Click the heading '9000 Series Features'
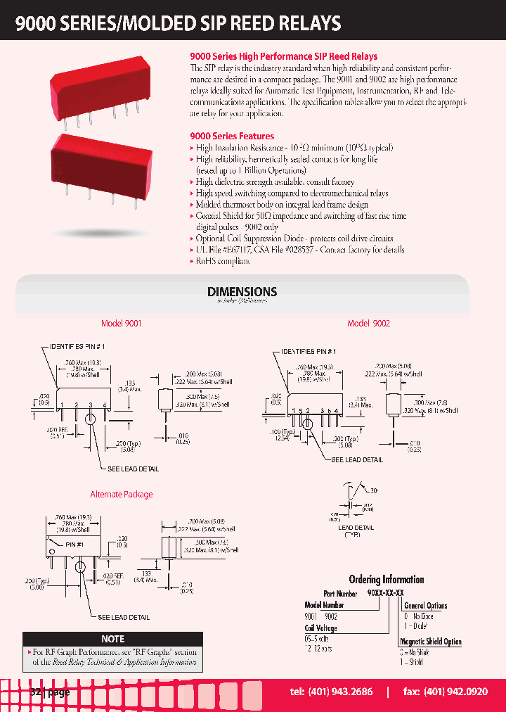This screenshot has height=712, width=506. pos(232,136)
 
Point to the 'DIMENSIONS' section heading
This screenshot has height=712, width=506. pos(242,291)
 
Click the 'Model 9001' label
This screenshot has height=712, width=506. pos(122,323)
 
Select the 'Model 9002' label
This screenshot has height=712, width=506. pos(368,323)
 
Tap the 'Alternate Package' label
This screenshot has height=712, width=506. pos(122,495)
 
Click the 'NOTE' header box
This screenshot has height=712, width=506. pos(113,639)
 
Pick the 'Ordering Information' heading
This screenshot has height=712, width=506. pos(387,580)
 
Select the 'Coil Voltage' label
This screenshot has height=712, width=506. pos(320,628)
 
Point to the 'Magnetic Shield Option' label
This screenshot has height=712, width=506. pos(431,641)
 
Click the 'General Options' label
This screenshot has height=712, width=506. pos(426,605)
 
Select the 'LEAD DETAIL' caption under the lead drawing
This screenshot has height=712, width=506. pos(356,527)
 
